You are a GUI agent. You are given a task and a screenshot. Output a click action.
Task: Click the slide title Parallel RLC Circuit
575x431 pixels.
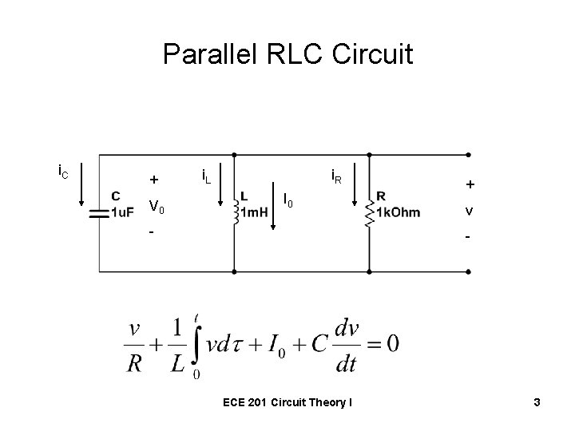(x=287, y=55)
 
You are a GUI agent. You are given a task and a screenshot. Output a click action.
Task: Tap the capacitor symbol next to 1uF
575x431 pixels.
(x=99, y=213)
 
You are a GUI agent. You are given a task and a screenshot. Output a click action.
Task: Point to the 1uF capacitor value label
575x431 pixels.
(x=122, y=212)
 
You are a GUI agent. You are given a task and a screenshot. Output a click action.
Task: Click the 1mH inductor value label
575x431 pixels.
(x=254, y=212)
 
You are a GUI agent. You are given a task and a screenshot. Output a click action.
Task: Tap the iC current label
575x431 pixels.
(x=63, y=170)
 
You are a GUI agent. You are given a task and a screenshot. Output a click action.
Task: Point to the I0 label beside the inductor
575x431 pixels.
(x=289, y=200)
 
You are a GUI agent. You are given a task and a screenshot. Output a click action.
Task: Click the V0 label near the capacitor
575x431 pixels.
(x=157, y=208)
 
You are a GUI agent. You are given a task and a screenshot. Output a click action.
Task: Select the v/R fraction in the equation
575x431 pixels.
(x=137, y=346)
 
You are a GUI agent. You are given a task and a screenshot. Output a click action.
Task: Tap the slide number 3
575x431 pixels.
(x=537, y=403)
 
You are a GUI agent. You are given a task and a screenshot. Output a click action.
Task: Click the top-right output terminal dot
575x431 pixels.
(x=467, y=155)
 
